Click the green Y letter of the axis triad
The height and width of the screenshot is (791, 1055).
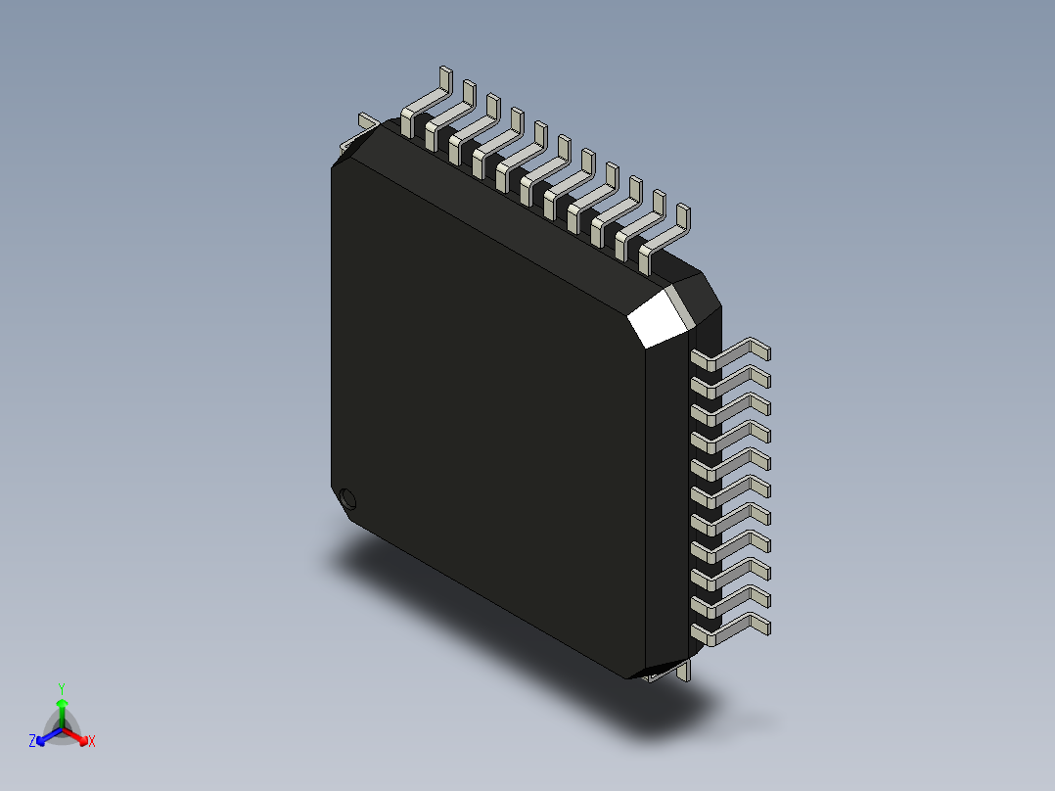tap(62, 688)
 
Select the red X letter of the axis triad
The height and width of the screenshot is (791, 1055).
tap(92, 742)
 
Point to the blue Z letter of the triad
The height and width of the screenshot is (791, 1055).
tap(32, 742)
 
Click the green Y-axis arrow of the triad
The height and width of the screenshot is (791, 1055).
tap(62, 709)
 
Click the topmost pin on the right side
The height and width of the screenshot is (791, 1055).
tap(734, 353)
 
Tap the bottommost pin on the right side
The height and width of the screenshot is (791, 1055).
tap(734, 628)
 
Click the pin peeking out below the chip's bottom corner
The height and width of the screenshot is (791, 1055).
tap(685, 672)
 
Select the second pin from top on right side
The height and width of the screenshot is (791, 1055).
tap(734, 381)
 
